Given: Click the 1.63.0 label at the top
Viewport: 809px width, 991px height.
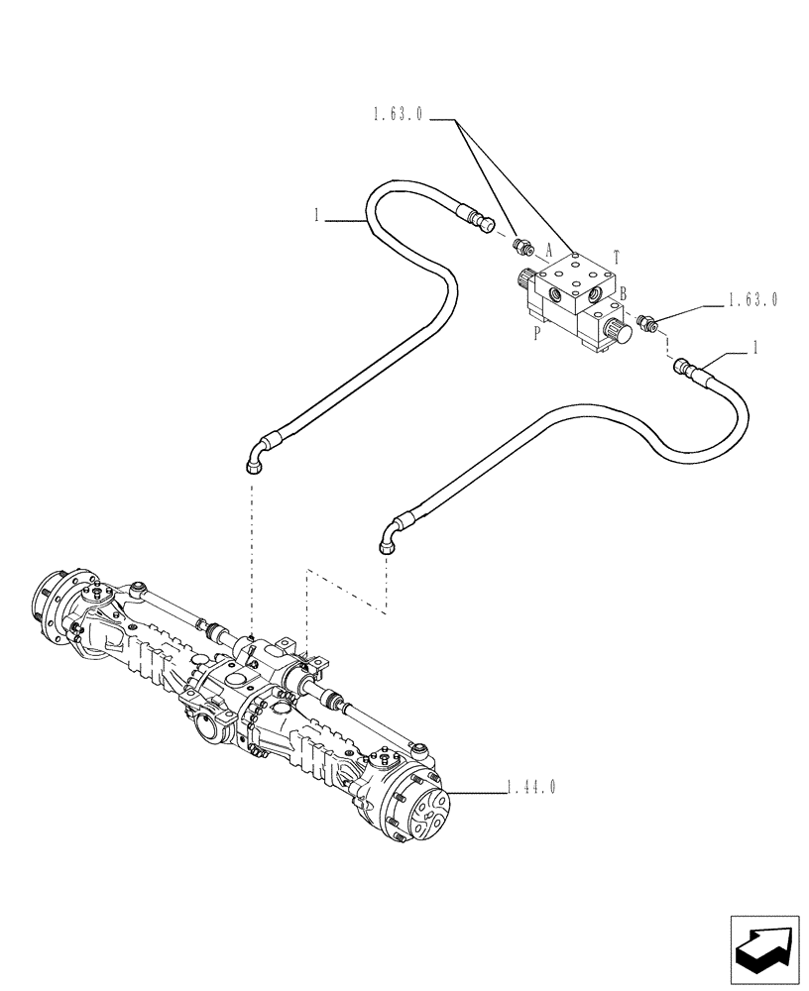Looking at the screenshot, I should pos(399,116).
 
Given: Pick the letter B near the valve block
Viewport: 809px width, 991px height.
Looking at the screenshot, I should pos(624,293).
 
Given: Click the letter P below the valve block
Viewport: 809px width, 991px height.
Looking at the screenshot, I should pos(536,334).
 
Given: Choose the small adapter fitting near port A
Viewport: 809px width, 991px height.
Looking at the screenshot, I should pos(519,246).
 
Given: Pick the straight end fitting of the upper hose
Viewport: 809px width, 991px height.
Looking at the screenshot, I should pos(484,222).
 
